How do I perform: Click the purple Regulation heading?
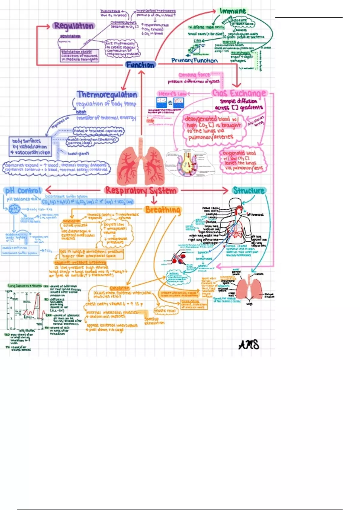pyautogui.click(x=73, y=26)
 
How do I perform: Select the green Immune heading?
pyautogui.click(x=233, y=11)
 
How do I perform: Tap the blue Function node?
pyautogui.click(x=140, y=65)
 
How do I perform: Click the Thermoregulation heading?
pyautogui.click(x=107, y=95)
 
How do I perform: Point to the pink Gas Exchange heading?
pyautogui.click(x=239, y=93)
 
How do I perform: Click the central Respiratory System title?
pyautogui.click(x=141, y=190)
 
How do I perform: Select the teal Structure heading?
pyautogui.click(x=249, y=190)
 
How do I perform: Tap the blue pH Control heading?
pyautogui.click(x=23, y=191)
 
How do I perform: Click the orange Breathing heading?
pyautogui.click(x=163, y=210)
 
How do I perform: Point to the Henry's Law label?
pyautogui.click(x=172, y=94)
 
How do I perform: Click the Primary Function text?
pyautogui.click(x=194, y=61)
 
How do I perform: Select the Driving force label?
pyautogui.click(x=194, y=75)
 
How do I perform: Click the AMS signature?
pyautogui.click(x=249, y=345)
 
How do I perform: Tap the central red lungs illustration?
pyautogui.click(x=141, y=163)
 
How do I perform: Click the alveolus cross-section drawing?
pyautogui.click(x=188, y=163)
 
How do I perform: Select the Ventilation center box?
pyautogui.click(x=79, y=55)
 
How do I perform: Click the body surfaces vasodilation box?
pyautogui.click(x=30, y=147)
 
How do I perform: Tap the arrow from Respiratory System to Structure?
pyautogui.click(x=205, y=190)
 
